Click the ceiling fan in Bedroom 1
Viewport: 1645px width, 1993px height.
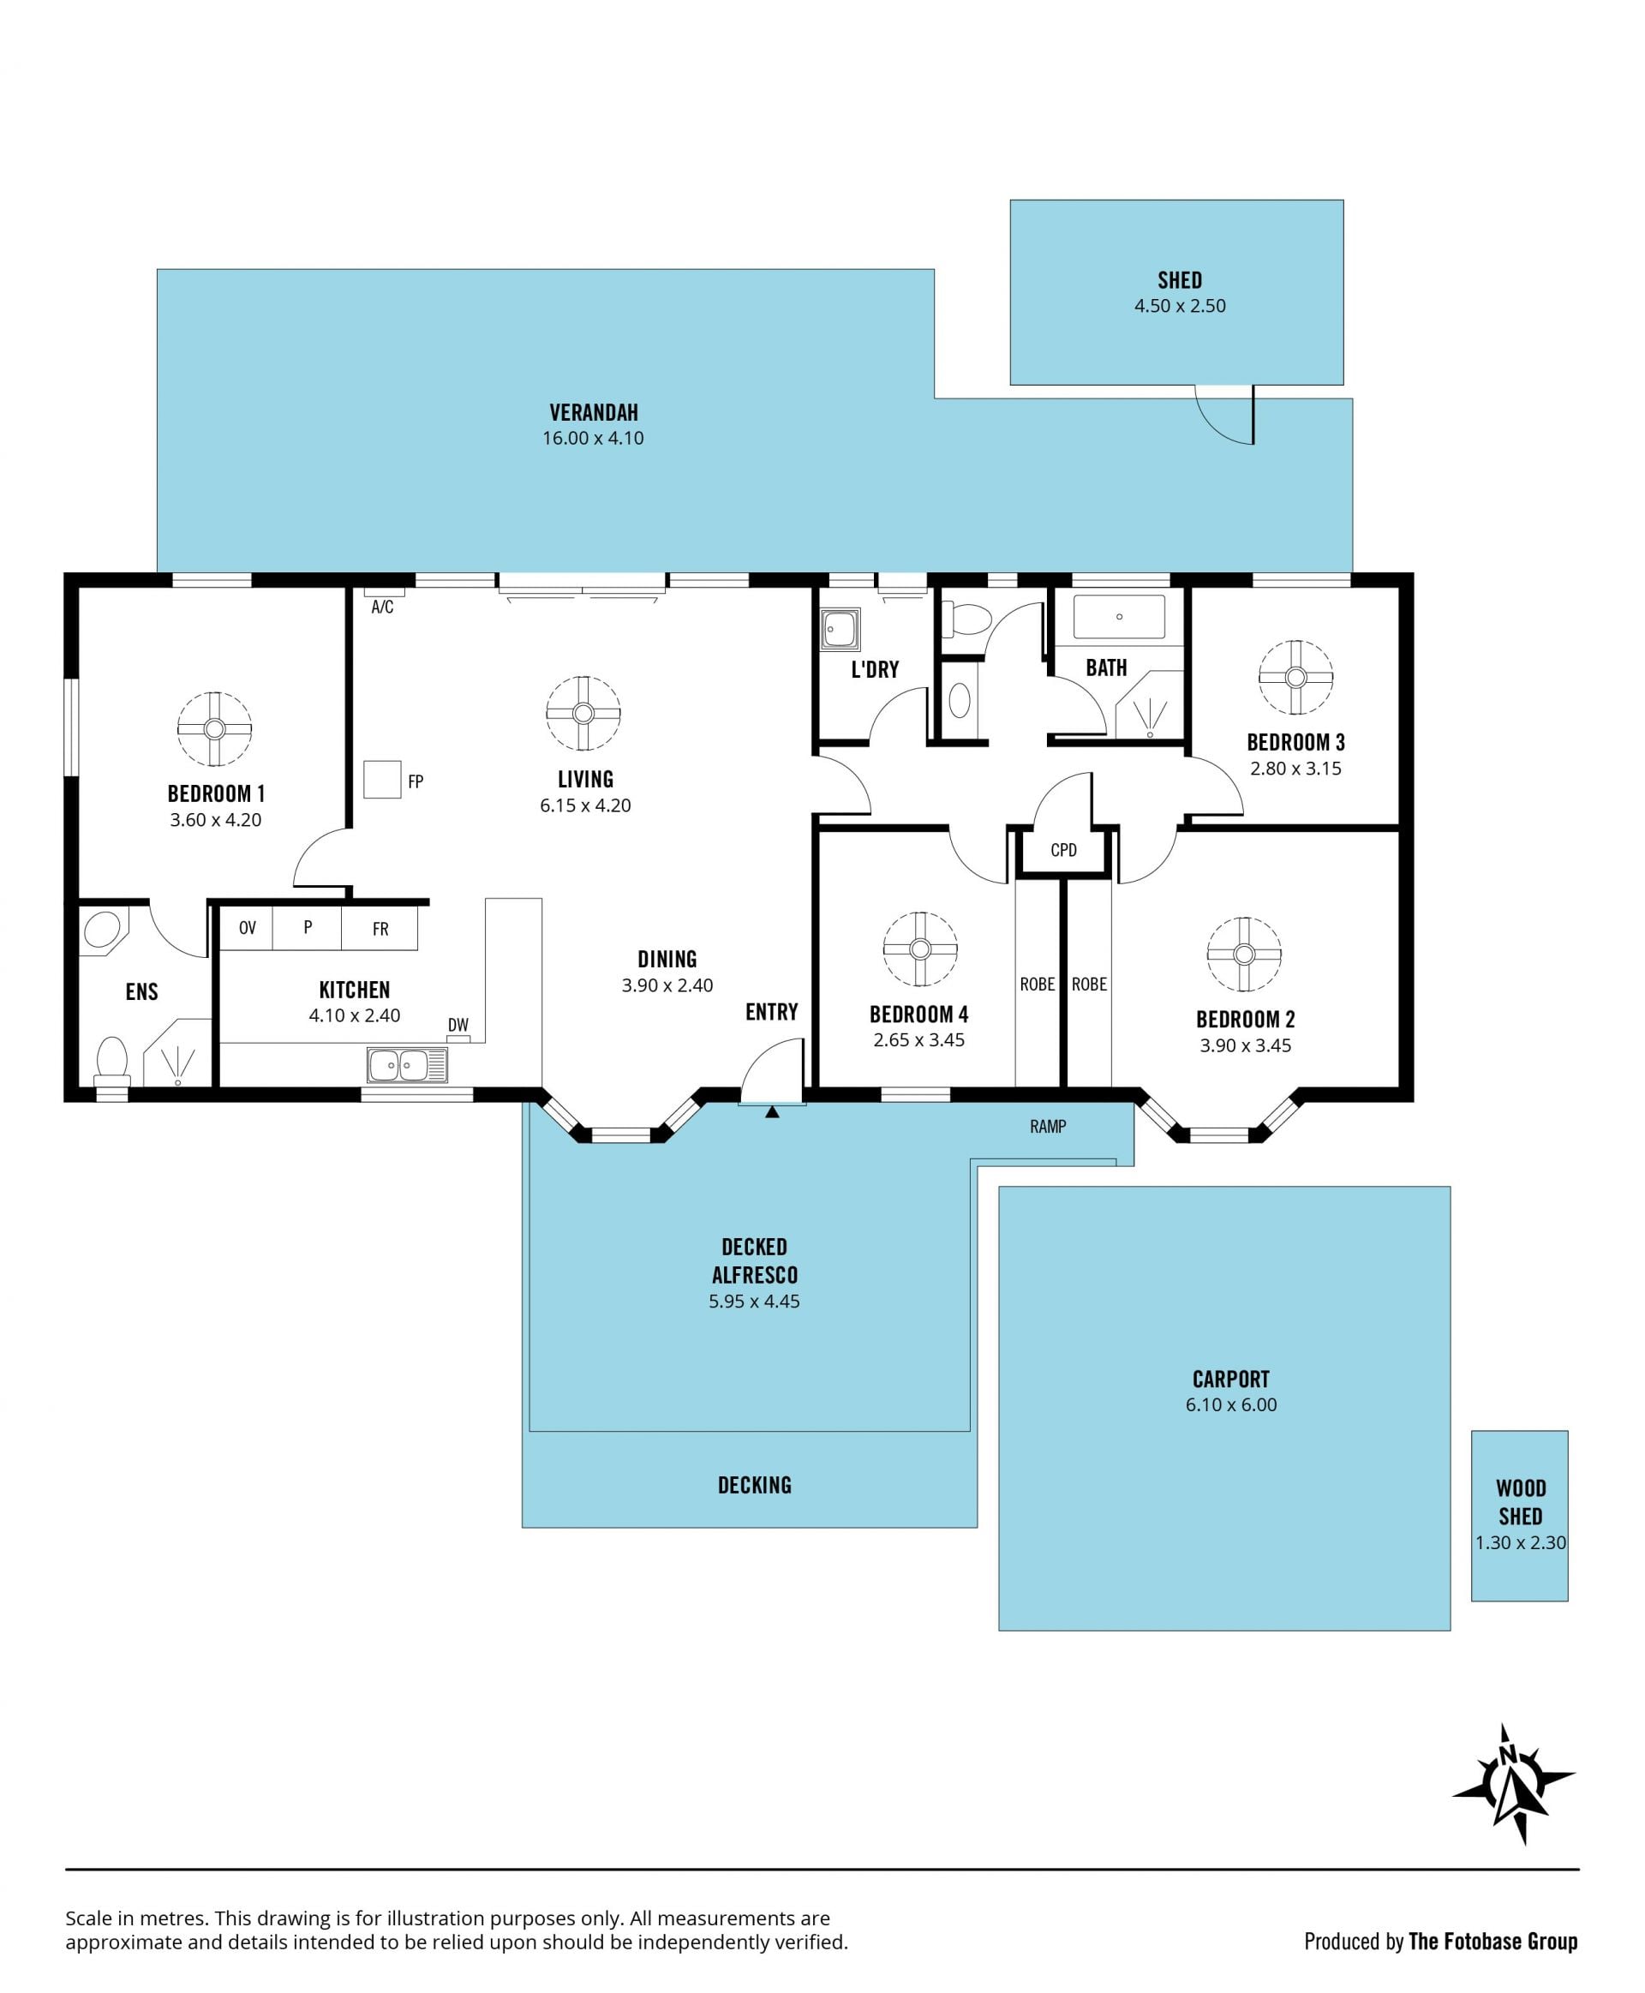click(214, 729)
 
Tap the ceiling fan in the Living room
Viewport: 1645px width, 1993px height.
click(583, 714)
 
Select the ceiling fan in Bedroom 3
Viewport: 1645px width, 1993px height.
click(1295, 678)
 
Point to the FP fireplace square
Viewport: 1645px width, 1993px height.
click(382, 779)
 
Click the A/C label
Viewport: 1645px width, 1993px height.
click(382, 607)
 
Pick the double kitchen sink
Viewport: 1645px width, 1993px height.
click(406, 1065)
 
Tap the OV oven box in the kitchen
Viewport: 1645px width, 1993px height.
click(247, 928)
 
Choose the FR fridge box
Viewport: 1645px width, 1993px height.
click(380, 928)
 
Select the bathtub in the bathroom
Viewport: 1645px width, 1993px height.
click(1119, 617)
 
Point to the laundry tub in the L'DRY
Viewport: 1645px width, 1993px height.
click(840, 629)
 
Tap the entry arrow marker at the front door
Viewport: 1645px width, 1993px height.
click(772, 1111)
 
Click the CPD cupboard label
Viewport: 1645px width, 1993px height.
click(1063, 850)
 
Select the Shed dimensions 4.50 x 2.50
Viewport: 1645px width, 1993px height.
click(1180, 306)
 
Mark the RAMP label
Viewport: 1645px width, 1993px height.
click(1048, 1126)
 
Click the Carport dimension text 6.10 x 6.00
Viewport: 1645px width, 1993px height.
click(1231, 1404)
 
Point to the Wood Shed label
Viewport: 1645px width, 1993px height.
click(1521, 1502)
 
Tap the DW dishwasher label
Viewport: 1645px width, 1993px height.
click(458, 1025)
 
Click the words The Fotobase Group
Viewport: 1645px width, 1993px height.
click(1492, 1941)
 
